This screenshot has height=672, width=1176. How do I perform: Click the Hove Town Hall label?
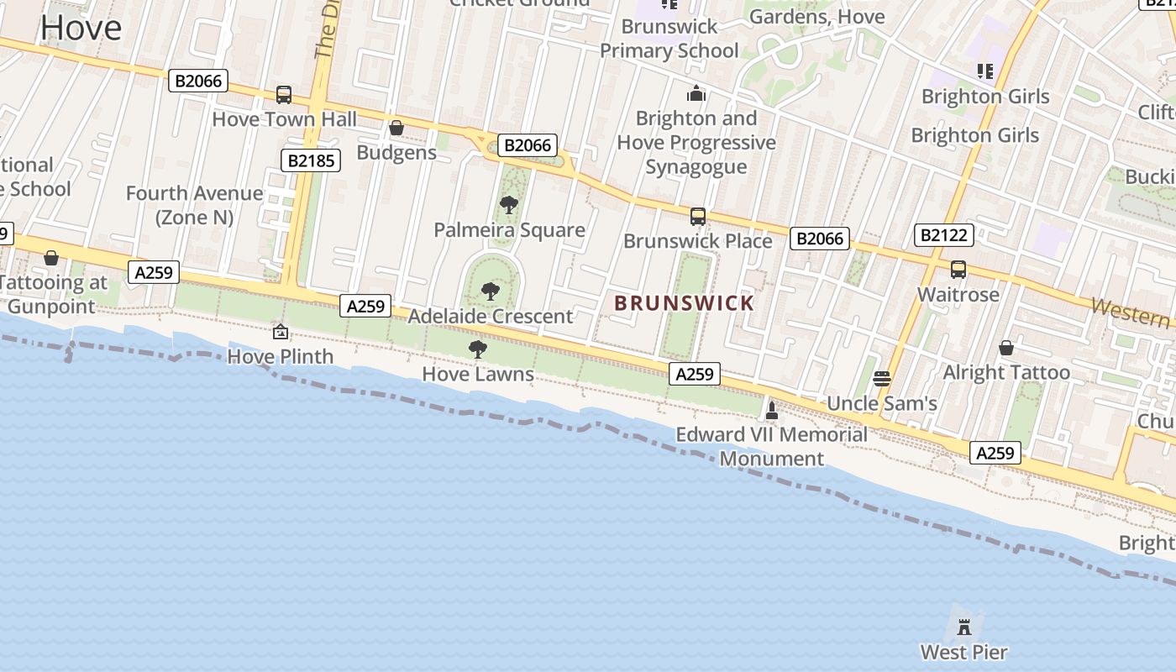click(284, 119)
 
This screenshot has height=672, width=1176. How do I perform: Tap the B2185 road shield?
click(310, 160)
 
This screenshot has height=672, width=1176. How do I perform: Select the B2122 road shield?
click(943, 235)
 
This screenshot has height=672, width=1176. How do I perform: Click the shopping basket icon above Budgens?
click(396, 128)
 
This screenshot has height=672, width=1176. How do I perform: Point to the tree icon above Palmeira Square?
click(508, 204)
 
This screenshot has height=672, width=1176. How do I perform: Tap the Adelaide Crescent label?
click(490, 317)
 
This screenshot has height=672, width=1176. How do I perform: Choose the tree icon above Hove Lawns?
click(478, 349)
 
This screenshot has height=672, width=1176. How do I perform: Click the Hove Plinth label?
click(281, 357)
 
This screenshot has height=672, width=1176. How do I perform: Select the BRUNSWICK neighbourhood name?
click(684, 303)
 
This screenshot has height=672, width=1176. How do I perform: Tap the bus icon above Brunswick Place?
click(697, 217)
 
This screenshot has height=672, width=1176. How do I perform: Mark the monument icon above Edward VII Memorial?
click(772, 411)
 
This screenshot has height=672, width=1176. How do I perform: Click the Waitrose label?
click(958, 295)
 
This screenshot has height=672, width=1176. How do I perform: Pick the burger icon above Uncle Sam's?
click(881, 378)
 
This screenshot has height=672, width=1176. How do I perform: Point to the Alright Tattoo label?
click(1006, 372)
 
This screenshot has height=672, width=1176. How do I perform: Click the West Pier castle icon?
click(964, 626)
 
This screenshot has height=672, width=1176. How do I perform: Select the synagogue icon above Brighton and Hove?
click(696, 93)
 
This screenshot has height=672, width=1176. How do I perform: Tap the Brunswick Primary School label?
click(669, 39)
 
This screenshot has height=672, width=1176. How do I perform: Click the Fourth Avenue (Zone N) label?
click(194, 205)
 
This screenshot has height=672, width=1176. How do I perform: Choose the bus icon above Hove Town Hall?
click(284, 94)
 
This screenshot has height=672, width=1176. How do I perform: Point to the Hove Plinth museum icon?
click(281, 333)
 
